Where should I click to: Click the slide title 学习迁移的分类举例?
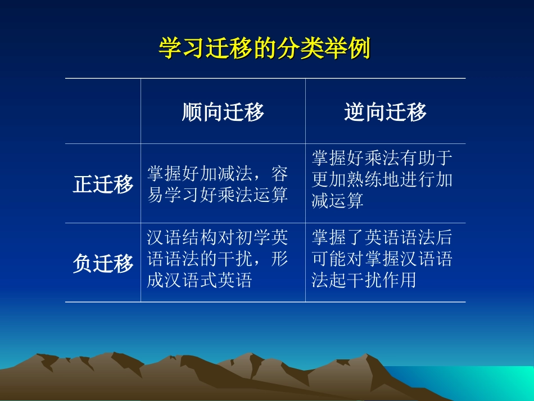[264, 48]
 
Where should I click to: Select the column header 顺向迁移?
[223, 112]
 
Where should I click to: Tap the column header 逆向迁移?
[385, 112]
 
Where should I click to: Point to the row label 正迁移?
[103, 184]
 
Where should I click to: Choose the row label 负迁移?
[103, 263]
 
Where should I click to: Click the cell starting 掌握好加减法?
[218, 184]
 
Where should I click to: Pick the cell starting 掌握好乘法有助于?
[382, 179]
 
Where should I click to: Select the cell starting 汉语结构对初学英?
[218, 259]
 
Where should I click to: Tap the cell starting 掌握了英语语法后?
[382, 259]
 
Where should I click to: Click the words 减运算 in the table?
[337, 200]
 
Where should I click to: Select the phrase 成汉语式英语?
[200, 280]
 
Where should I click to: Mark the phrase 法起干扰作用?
[364, 280]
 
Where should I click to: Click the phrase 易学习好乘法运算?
[218, 195]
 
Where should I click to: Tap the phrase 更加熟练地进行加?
[382, 179]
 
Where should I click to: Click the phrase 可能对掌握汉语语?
[382, 259]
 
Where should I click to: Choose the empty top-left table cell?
[103, 111]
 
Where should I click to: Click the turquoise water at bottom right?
[477, 381]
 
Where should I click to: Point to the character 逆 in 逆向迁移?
[354, 112]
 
